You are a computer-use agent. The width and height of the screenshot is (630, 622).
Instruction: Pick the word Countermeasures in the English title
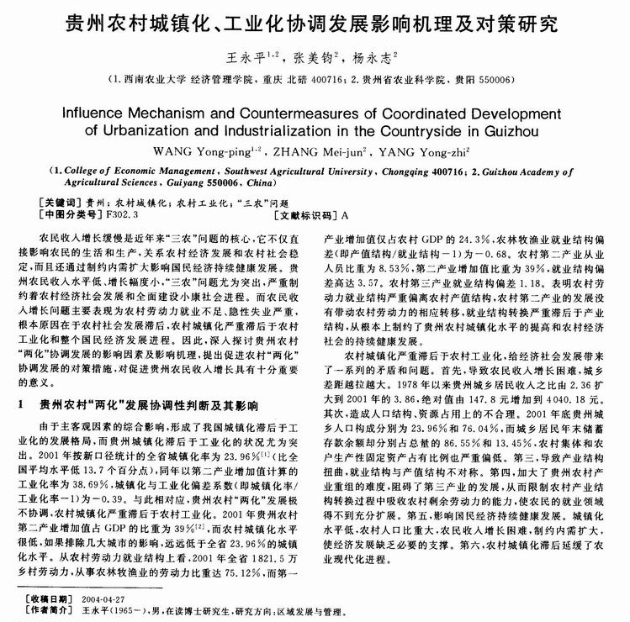[302, 112]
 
